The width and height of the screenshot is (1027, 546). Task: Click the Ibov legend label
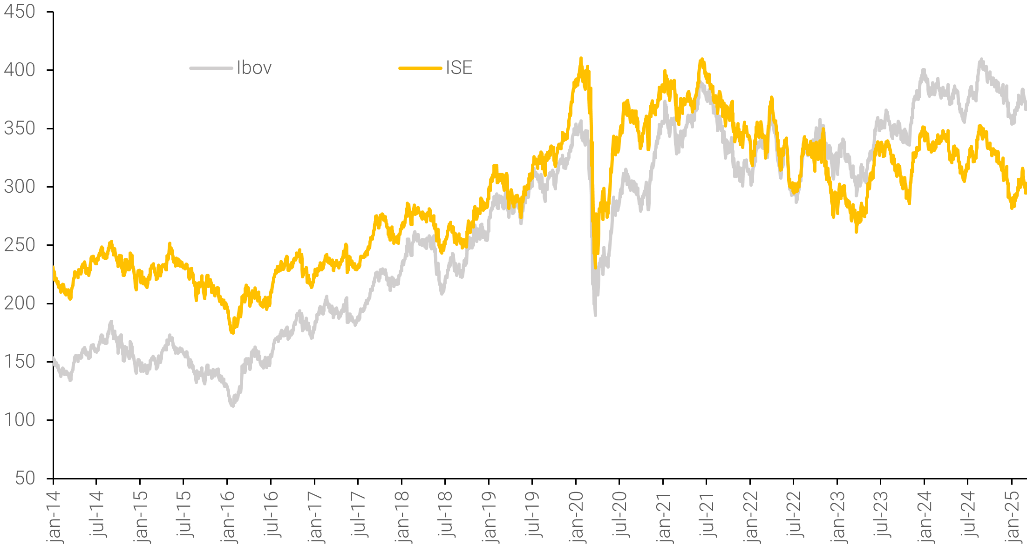(254, 68)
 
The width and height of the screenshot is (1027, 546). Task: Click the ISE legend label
(459, 68)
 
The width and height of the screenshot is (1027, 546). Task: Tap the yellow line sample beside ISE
(420, 68)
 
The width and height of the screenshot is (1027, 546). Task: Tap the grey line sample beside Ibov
(211, 68)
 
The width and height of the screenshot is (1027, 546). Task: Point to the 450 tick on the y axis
(20, 12)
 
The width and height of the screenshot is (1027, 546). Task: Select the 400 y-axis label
(20, 70)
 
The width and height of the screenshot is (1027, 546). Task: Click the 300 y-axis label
(20, 187)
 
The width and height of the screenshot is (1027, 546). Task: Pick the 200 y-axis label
(20, 303)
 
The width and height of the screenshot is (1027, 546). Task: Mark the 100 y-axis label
(20, 420)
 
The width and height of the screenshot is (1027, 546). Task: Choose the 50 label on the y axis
(25, 478)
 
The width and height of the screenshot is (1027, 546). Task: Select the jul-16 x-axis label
(272, 514)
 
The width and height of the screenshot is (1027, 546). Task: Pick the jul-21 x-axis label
(707, 514)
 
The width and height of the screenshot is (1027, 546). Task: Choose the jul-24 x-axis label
(968, 514)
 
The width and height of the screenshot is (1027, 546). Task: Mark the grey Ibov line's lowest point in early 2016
(232, 405)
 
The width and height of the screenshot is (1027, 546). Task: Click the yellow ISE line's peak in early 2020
(581, 59)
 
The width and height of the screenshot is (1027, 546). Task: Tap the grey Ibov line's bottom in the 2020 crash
(595, 315)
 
